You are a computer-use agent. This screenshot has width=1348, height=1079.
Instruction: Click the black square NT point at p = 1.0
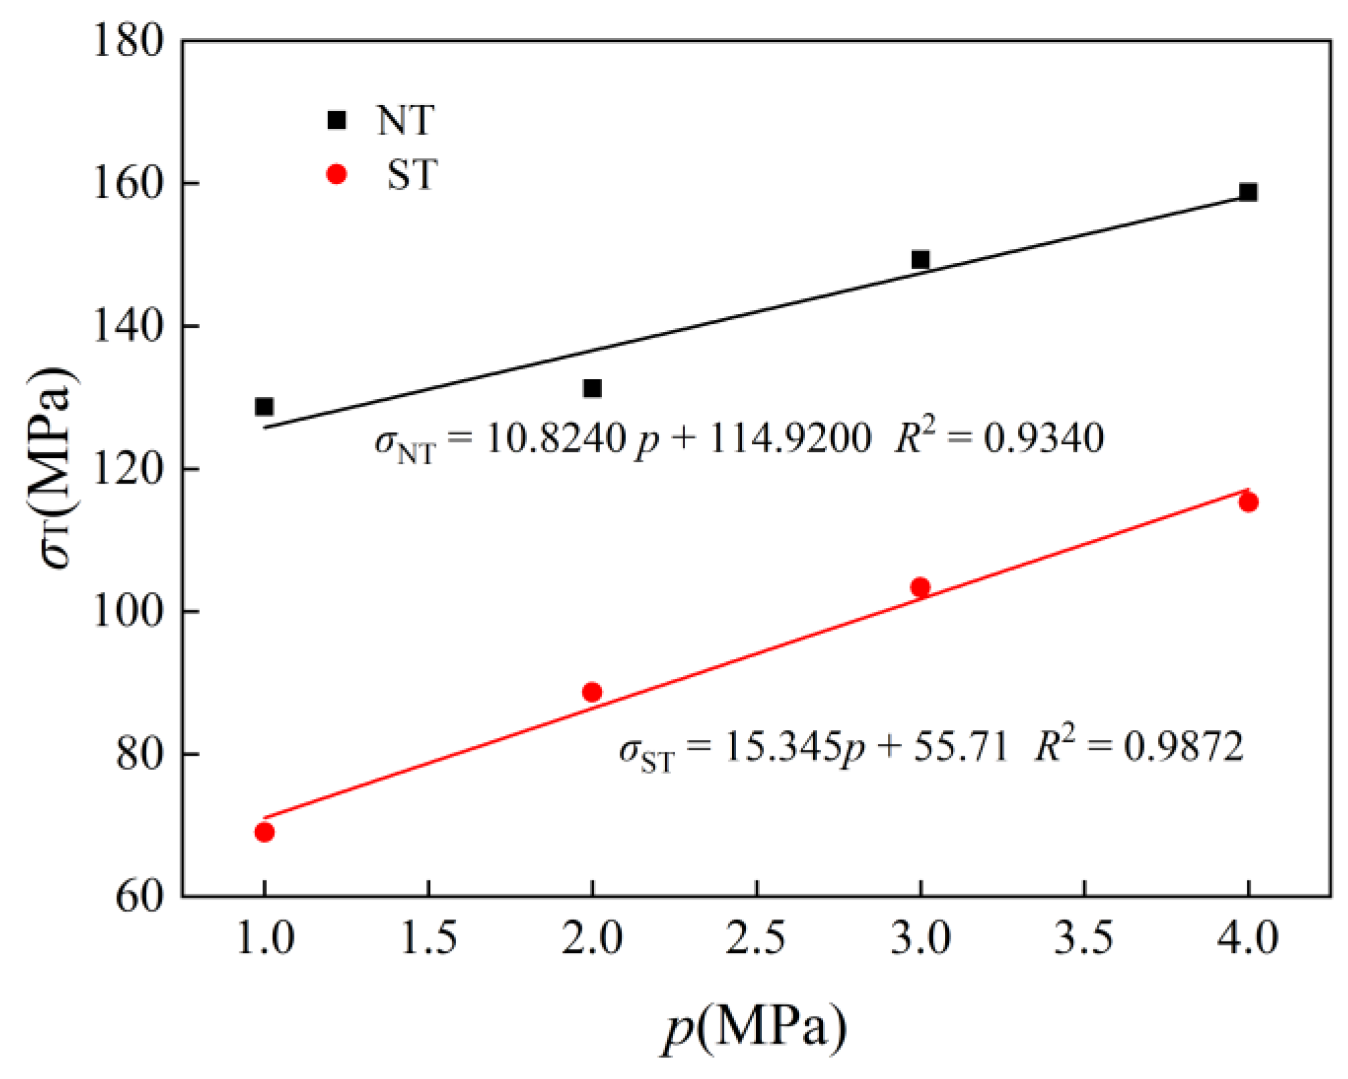coord(264,407)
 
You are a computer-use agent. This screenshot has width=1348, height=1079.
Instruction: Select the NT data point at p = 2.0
coord(592,388)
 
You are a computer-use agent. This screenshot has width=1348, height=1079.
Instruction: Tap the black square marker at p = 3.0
coord(920,260)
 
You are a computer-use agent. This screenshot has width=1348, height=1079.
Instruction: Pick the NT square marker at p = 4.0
coord(1248,192)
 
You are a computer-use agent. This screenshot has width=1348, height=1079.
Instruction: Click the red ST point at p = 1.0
coord(264,833)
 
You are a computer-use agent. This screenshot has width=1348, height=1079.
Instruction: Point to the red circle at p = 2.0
coord(592,692)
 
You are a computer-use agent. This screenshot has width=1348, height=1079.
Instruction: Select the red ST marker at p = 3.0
coord(920,587)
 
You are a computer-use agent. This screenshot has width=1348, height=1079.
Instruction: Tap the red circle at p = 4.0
coord(1248,503)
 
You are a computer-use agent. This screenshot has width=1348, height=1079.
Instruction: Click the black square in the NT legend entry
coord(337,120)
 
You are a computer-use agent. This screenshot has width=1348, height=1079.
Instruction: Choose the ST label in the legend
coord(411,175)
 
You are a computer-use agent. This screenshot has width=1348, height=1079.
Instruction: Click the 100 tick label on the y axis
coord(127,612)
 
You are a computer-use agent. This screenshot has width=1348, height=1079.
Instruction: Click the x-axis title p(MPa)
coord(754,1028)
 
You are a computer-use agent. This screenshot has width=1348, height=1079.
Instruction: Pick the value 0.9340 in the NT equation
coord(1043,438)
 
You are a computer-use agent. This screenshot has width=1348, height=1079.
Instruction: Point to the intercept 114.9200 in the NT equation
coord(789,438)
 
